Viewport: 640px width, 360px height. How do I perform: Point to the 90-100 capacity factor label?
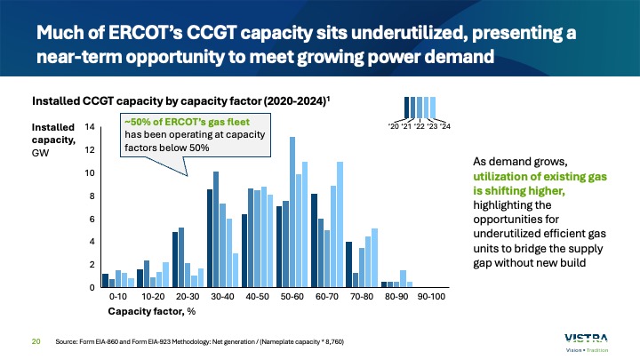tap(431, 296)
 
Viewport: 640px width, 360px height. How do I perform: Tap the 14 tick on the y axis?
tap(90, 127)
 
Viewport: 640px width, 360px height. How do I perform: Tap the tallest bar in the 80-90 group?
tap(403, 278)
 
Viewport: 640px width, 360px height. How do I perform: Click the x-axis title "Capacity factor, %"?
tap(151, 311)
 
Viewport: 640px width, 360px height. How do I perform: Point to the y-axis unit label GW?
tap(41, 153)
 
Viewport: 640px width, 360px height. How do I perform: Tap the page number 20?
tap(36, 340)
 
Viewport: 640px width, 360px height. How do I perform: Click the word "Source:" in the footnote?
tap(67, 340)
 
